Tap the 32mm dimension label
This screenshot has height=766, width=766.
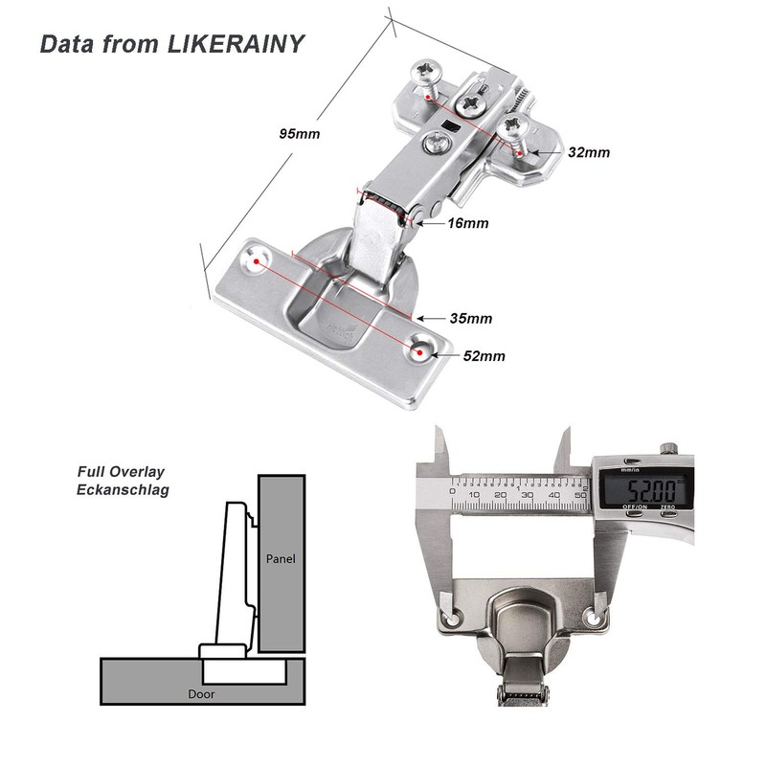tap(588, 152)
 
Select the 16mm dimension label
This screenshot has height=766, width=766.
tap(467, 223)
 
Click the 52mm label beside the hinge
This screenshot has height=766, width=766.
tap(484, 356)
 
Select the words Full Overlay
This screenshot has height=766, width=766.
tap(121, 472)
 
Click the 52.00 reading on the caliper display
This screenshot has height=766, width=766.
tap(642, 486)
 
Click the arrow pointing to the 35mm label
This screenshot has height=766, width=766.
tap(430, 318)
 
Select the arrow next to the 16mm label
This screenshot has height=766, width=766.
tap(433, 223)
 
